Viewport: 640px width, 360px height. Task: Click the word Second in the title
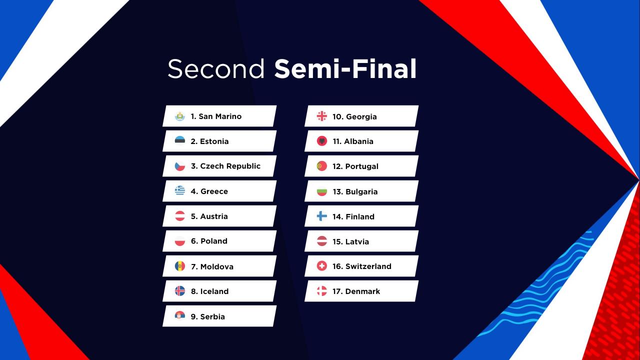(216, 69)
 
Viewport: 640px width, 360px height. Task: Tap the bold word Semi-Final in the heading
(345, 69)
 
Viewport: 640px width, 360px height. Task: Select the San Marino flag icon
(180, 116)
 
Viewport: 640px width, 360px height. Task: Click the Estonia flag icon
(180, 141)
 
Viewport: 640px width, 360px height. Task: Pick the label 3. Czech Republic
(225, 166)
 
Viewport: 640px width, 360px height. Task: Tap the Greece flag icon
(180, 191)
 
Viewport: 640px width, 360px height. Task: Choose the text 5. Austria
(209, 216)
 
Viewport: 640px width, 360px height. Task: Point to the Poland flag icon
(180, 241)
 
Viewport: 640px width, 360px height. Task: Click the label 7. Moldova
(212, 266)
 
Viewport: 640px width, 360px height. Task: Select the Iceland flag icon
(180, 291)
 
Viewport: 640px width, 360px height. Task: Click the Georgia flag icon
(322, 116)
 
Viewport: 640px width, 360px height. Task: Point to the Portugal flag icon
(322, 166)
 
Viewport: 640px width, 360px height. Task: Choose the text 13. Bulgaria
(355, 191)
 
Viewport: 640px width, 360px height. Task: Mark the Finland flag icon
(322, 216)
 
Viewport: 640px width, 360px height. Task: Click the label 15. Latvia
(350, 241)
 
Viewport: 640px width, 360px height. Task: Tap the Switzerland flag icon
(322, 266)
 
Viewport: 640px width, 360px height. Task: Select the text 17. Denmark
(356, 291)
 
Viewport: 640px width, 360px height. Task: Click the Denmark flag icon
(322, 291)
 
